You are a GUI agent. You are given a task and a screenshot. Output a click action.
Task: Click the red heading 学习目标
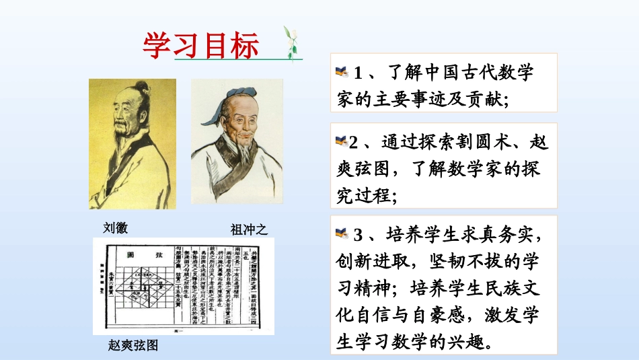point(200,45)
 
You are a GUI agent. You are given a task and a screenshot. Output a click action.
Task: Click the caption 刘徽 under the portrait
point(115,227)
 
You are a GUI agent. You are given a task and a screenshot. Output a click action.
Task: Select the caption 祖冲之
point(249,229)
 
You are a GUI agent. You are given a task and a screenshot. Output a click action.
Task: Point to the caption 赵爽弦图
point(133,345)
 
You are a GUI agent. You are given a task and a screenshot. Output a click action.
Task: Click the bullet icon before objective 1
point(342,71)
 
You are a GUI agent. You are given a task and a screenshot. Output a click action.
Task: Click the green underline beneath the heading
point(239,60)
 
